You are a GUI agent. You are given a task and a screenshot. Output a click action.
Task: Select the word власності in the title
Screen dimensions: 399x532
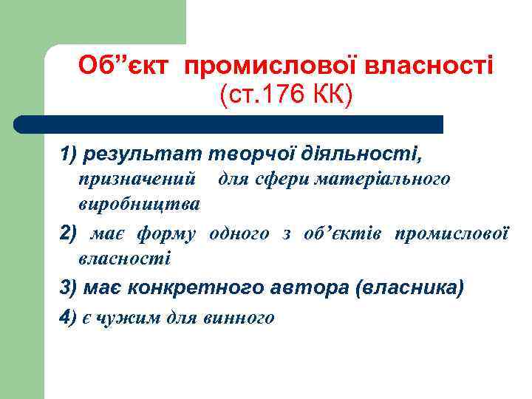pos(432,66)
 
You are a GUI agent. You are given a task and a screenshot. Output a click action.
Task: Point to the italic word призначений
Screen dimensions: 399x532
pos(137,179)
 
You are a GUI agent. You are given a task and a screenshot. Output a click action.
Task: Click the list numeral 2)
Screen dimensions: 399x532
pos(68,234)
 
